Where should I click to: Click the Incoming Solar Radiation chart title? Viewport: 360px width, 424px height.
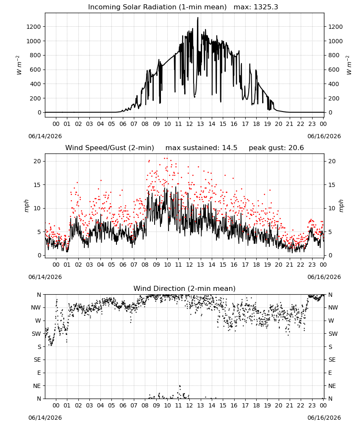coord(157,7)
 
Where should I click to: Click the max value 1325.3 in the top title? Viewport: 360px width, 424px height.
coord(266,7)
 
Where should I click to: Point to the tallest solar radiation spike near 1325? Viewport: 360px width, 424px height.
coord(198,18)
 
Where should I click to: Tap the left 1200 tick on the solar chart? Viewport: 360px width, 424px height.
coord(33,27)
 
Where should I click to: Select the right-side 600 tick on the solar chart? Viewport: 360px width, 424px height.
coord(334,70)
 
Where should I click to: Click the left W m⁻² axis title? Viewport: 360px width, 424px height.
coord(19,65)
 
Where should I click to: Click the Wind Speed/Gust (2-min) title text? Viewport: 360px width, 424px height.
coord(110,148)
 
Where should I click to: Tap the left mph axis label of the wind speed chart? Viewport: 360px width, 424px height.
coord(26,206)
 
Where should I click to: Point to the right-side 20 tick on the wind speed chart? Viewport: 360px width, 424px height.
coord(332,161)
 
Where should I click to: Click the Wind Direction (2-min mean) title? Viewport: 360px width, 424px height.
coord(185,288)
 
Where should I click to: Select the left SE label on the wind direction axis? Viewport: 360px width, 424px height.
coord(37,360)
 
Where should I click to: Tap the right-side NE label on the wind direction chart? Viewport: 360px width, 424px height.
coord(332,386)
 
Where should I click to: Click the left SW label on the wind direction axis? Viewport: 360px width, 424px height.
coord(36,334)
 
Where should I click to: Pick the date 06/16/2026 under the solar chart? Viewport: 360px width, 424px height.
coord(324,136)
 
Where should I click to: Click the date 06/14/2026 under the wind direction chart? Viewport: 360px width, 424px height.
coord(45,418)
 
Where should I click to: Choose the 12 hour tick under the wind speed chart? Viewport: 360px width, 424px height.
coord(189,265)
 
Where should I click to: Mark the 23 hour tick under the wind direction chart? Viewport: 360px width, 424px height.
coord(312,405)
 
